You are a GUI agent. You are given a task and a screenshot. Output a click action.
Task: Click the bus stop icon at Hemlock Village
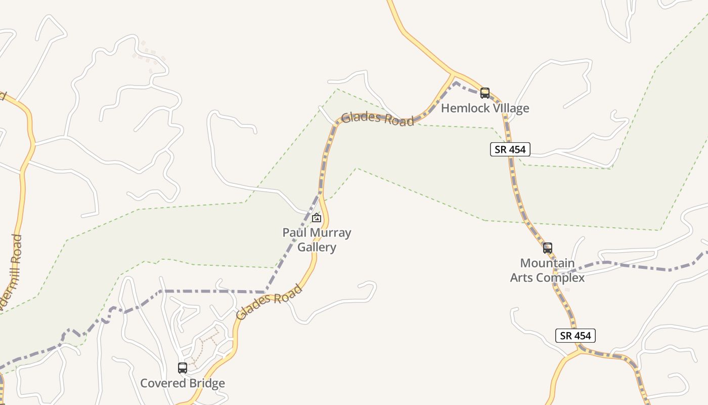point(484,93)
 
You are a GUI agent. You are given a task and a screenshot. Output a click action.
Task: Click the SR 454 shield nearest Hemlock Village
point(510,149)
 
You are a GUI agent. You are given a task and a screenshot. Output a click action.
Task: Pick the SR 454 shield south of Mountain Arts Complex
point(576,336)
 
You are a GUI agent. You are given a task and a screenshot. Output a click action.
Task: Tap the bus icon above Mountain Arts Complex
point(547,248)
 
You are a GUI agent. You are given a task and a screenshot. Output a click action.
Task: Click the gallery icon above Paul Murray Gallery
point(317,218)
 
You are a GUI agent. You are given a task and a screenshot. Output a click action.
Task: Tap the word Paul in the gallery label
point(294,233)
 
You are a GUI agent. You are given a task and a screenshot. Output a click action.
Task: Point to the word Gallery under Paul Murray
point(317,247)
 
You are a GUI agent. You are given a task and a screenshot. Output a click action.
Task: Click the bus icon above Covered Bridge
point(183,368)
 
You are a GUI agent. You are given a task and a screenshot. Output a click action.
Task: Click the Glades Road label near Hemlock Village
point(377,119)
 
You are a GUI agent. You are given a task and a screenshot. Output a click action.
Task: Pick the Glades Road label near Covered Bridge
point(269,302)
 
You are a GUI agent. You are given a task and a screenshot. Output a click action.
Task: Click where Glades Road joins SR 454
point(453,74)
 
